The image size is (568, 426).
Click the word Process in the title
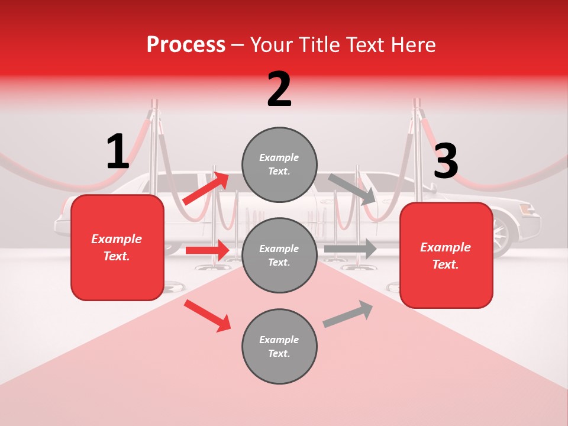pyautogui.click(x=186, y=45)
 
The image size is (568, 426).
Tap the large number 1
pyautogui.click(x=118, y=151)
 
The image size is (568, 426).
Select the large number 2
pyautogui.click(x=279, y=89)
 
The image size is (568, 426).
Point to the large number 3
pyautogui.click(x=446, y=161)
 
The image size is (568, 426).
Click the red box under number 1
pyautogui.click(x=117, y=247)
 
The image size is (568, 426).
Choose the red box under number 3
pyautogui.click(x=446, y=255)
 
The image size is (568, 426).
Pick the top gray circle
pyautogui.click(x=279, y=164)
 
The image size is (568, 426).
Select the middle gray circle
pyautogui.click(x=279, y=255)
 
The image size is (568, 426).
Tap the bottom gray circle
pyautogui.click(x=279, y=346)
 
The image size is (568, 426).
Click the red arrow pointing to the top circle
pyautogui.click(x=206, y=188)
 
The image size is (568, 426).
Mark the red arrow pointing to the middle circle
pyautogui.click(x=207, y=250)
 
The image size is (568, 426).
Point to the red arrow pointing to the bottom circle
pyautogui.click(x=207, y=315)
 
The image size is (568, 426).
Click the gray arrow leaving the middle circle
pyautogui.click(x=350, y=249)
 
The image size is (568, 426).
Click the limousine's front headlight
pyautogui.click(x=527, y=210)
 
